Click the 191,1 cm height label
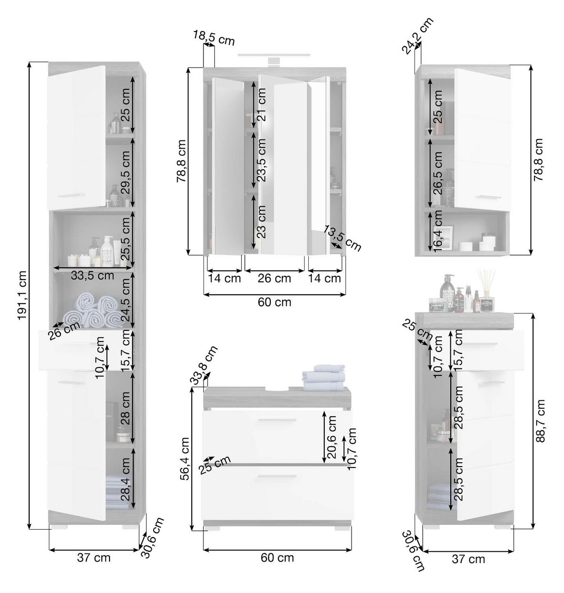(x=22, y=295)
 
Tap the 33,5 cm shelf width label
(x=92, y=275)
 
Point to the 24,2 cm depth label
(x=417, y=35)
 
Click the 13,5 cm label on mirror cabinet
(x=342, y=238)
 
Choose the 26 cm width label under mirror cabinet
(x=274, y=278)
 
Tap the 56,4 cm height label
(x=186, y=459)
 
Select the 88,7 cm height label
(x=540, y=421)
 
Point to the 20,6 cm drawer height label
(x=332, y=437)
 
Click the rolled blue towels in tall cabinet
(x=94, y=312)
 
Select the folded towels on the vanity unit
(x=323, y=378)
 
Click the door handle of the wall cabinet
(x=488, y=197)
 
